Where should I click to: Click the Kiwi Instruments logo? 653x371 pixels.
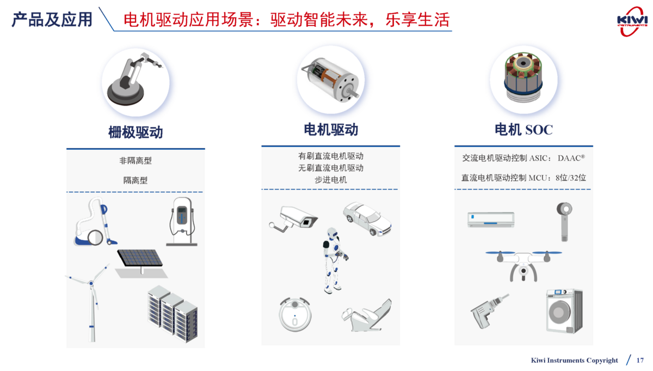click(x=632, y=22)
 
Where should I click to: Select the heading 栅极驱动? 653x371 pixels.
click(x=135, y=132)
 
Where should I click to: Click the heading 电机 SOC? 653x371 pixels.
click(x=523, y=130)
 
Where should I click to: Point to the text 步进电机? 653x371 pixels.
click(x=331, y=180)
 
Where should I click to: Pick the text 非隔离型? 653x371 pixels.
click(x=135, y=161)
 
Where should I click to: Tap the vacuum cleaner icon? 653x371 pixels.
click(x=95, y=222)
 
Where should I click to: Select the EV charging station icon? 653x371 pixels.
click(x=182, y=222)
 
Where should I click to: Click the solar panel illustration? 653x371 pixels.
click(x=141, y=263)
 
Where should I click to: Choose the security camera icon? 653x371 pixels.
click(x=293, y=220)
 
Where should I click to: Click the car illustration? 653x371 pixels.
click(x=367, y=219)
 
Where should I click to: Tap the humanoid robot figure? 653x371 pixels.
click(x=335, y=260)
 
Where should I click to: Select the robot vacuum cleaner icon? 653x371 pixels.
click(x=295, y=314)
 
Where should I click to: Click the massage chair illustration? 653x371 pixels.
click(x=367, y=315)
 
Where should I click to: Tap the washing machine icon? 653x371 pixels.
click(x=564, y=311)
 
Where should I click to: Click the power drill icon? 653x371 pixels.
click(x=489, y=311)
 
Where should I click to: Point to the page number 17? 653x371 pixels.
click(x=640, y=360)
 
